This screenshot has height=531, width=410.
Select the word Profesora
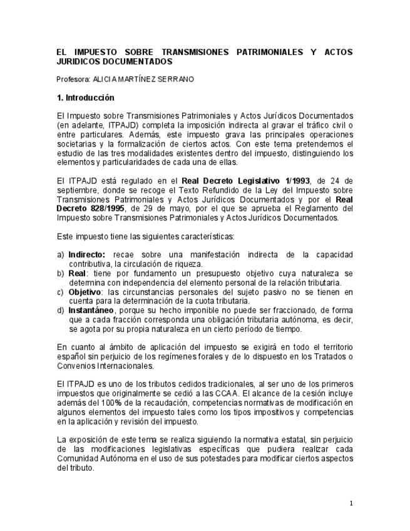click(x=72, y=80)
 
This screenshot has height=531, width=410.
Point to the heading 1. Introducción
click(x=85, y=98)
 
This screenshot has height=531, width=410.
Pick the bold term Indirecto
click(x=86, y=255)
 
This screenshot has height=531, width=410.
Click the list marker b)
click(x=61, y=273)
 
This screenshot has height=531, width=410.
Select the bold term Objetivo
click(x=85, y=292)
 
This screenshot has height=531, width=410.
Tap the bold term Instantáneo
click(x=91, y=310)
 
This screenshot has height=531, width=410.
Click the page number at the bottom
click(x=351, y=503)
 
